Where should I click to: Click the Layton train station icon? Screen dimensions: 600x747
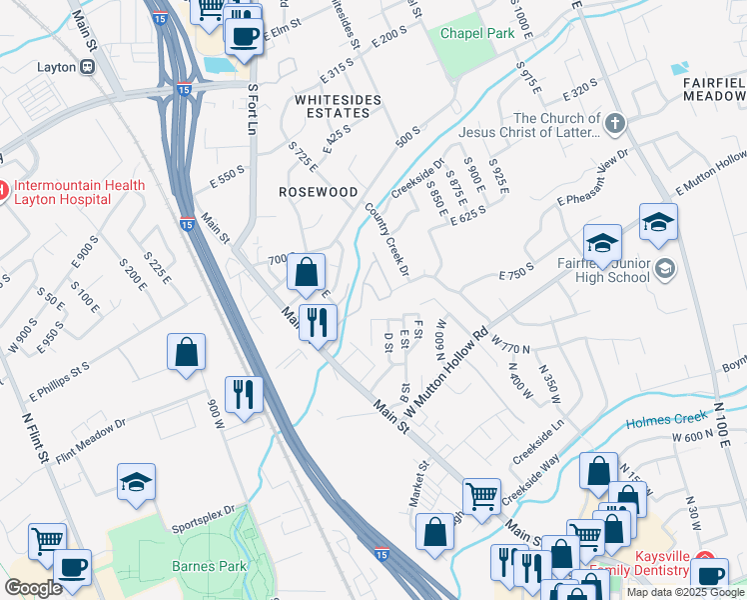click(x=88, y=67)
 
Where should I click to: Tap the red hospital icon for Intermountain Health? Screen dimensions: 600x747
click(x=3, y=187)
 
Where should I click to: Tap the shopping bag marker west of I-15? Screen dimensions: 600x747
click(x=186, y=353)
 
